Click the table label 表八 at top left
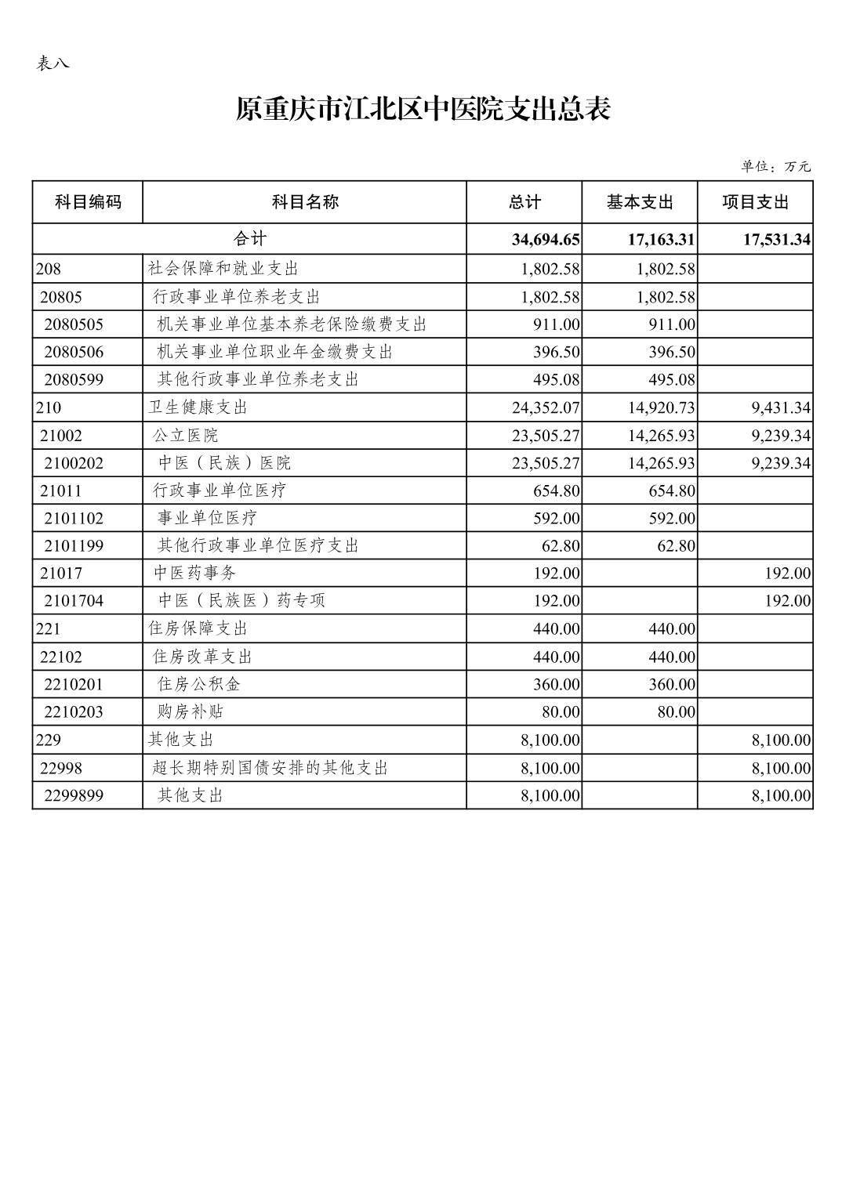(53, 63)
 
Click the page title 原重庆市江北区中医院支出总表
(423, 110)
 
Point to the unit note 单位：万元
(775, 166)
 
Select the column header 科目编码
(88, 202)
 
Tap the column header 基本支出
(640, 202)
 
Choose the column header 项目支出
(755, 202)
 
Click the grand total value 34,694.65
(546, 240)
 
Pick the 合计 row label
(249, 239)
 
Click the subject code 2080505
(74, 324)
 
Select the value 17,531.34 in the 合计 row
(776, 240)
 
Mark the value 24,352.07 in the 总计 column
(546, 407)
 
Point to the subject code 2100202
(74, 463)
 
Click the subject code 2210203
(74, 712)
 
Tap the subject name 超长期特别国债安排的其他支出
(270, 768)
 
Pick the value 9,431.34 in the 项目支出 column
(781, 407)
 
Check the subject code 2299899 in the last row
(74, 796)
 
